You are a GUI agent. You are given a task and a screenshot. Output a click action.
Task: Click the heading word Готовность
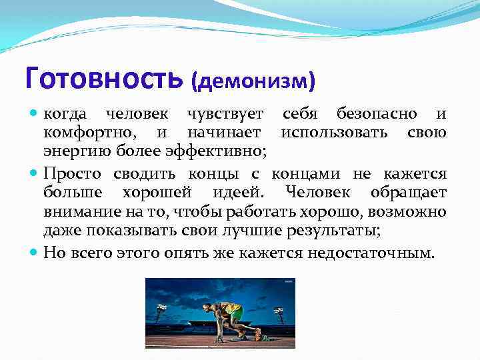(x=103, y=78)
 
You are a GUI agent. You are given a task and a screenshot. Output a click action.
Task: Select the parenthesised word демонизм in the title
(x=253, y=81)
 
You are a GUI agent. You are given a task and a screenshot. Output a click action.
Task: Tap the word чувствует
(x=225, y=115)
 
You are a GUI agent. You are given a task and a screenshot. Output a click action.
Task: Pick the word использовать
(x=337, y=133)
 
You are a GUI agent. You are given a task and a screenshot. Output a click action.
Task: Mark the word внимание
(x=75, y=211)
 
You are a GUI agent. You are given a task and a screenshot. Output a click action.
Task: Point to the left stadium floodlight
(x=161, y=308)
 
